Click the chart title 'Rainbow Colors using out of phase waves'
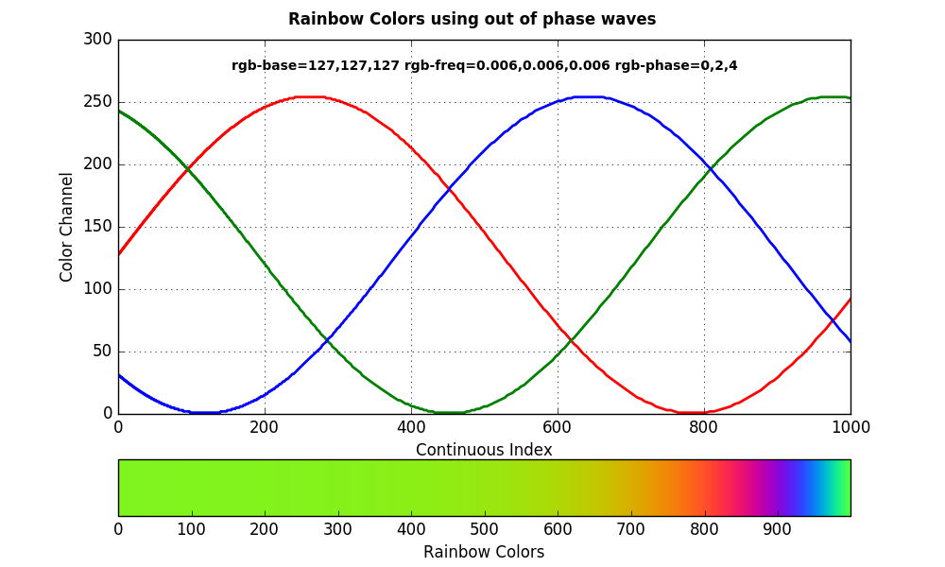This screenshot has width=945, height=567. (472, 19)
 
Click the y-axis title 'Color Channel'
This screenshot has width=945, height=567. (66, 227)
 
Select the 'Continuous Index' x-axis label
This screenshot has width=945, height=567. (484, 450)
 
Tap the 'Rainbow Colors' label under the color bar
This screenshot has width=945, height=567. (484, 552)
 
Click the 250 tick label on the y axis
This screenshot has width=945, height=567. (98, 102)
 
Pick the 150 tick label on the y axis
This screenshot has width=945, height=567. (98, 227)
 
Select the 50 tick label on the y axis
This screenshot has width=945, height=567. (102, 352)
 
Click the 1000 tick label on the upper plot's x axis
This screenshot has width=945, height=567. (850, 427)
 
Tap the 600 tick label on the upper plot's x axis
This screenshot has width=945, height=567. (558, 427)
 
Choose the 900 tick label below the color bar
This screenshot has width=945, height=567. (778, 529)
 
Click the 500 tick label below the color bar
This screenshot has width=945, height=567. (485, 529)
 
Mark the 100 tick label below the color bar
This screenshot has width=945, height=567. (192, 529)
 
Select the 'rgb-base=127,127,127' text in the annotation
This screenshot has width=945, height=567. (316, 66)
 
